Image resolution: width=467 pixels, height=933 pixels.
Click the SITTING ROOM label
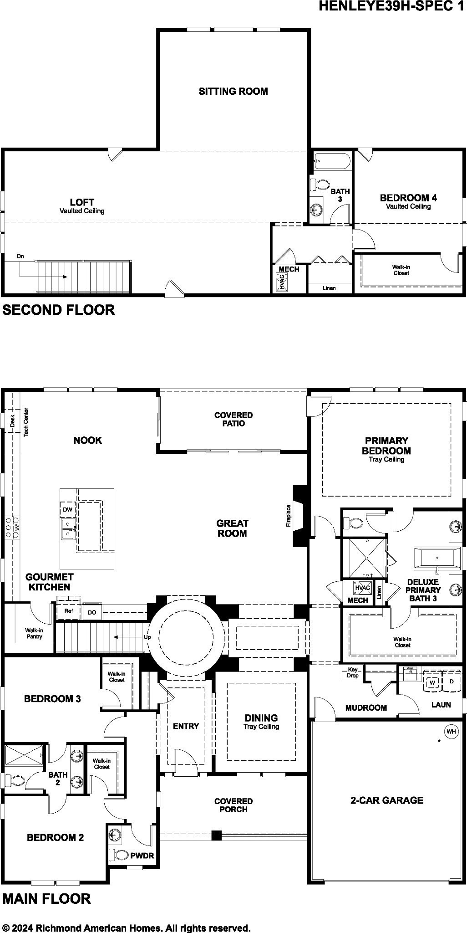tap(233, 91)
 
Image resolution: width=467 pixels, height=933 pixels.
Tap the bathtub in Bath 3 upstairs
tap(332, 160)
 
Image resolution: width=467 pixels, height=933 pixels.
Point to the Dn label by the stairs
tap(20, 256)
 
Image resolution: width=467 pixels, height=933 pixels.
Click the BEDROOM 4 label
tap(408, 198)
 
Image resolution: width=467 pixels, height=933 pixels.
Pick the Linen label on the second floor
tap(329, 288)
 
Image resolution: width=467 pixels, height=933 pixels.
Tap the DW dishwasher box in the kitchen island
tap(67, 510)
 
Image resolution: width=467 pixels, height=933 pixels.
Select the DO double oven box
tap(92, 612)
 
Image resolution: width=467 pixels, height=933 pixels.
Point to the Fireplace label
tap(288, 516)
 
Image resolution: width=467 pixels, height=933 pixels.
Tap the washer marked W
tap(433, 682)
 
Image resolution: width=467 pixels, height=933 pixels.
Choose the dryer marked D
tap(452, 682)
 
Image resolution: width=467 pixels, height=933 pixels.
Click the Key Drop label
tap(353, 672)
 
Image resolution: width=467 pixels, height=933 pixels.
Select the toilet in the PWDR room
tap(120, 855)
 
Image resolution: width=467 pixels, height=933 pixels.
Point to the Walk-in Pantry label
tap(34, 633)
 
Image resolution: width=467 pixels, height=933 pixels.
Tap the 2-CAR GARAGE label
tap(387, 800)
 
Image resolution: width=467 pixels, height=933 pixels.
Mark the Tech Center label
tap(26, 422)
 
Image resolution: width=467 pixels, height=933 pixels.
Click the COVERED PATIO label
tap(233, 419)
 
